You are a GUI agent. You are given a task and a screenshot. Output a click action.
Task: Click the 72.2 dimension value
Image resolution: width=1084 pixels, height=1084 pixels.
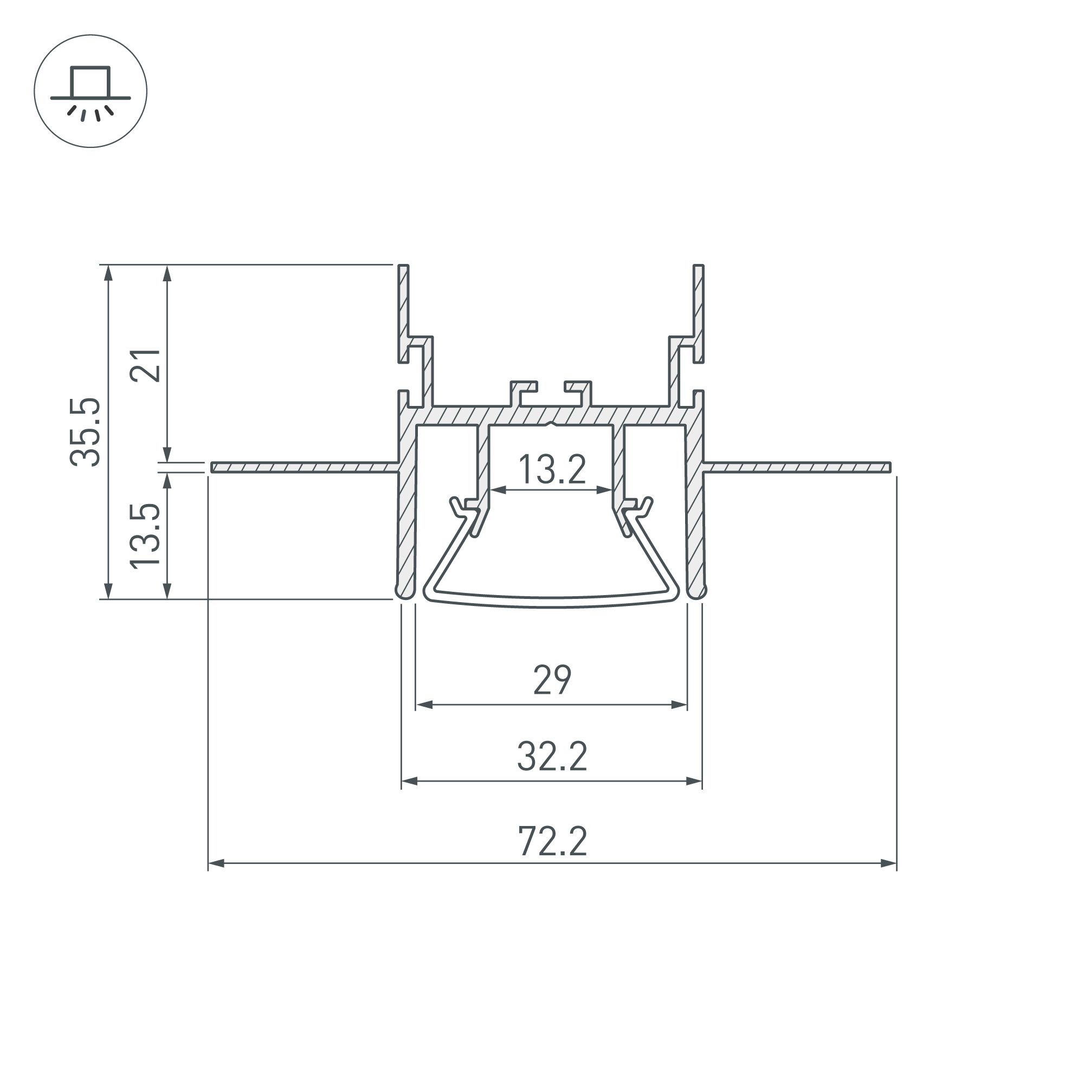[553, 841]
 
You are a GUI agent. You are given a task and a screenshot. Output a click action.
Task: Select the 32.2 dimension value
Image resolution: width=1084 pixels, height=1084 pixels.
[552, 757]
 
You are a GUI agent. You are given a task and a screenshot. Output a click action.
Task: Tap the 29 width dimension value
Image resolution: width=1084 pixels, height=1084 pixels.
[552, 680]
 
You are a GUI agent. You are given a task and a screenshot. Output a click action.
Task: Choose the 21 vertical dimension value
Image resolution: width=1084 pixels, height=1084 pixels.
[145, 365]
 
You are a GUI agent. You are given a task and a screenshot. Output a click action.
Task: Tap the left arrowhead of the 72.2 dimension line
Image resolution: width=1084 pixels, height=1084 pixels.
[217, 863]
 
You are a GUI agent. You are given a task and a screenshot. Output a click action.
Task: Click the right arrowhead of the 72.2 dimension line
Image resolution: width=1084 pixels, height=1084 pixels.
[888, 863]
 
